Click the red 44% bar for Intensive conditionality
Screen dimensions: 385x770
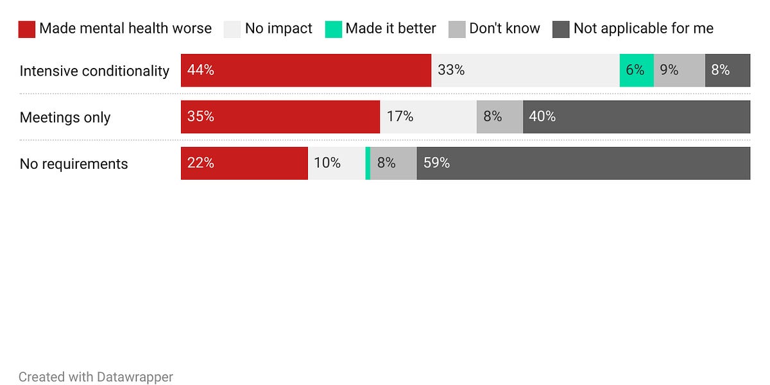click(305, 71)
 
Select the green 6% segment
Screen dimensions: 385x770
click(636, 71)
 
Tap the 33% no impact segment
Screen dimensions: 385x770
click(525, 71)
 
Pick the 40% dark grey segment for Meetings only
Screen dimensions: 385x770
click(636, 117)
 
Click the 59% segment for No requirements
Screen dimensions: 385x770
click(583, 163)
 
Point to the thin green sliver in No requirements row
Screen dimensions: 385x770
click(368, 163)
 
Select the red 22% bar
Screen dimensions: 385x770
click(244, 163)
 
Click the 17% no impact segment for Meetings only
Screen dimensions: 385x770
click(428, 117)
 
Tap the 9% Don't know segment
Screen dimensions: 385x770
click(679, 71)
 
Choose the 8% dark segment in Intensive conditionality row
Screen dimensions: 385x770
click(727, 71)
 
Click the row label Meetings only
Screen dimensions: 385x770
click(65, 117)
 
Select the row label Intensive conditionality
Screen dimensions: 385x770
click(94, 71)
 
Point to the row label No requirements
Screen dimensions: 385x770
click(74, 164)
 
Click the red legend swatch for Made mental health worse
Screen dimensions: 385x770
click(26, 29)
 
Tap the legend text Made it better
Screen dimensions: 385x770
click(390, 29)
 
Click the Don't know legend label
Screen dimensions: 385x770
click(504, 29)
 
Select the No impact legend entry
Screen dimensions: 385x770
click(278, 29)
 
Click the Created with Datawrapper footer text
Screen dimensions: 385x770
click(96, 377)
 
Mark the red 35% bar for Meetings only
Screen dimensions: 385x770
click(280, 117)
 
